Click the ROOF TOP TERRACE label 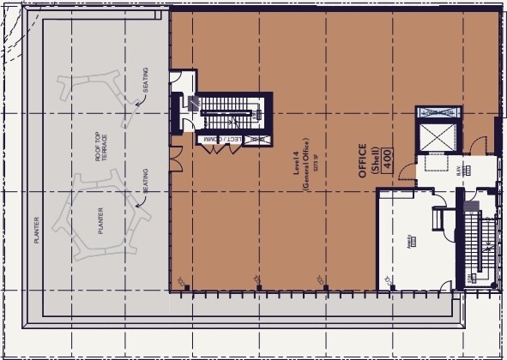102,146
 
